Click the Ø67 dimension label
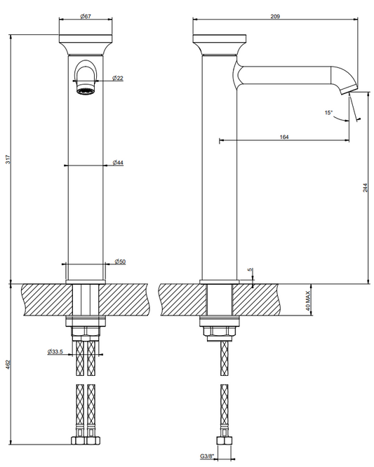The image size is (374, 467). pos(86,16)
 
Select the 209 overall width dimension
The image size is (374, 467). pos(275,16)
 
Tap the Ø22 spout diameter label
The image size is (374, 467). pos(118,78)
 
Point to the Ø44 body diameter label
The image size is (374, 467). pos(118,163)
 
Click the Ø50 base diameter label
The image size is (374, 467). pos(120,262)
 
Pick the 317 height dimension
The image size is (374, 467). pos(8,159)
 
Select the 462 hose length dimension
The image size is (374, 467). pos(8,365)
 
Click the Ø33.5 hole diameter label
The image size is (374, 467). pos(55,352)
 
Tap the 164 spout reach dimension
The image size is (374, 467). pos(284,137)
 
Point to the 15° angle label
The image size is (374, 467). pos(328,113)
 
